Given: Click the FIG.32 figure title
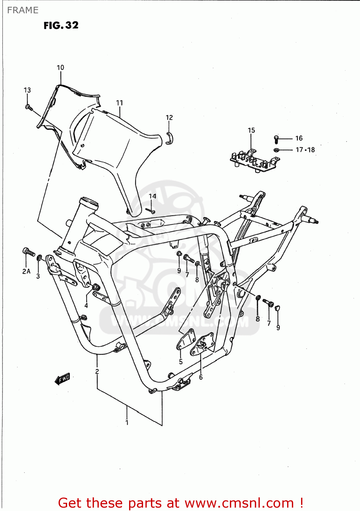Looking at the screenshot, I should [61, 26].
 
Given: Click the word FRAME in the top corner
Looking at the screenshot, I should [22, 10].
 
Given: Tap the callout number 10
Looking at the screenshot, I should [60, 67].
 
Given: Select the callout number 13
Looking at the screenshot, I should [27, 90].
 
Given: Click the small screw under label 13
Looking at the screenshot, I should [29, 108].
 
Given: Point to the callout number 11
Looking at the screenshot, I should [119, 103].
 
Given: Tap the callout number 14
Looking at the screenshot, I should [152, 196].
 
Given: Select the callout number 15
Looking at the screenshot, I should [251, 130].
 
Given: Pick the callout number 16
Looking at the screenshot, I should [299, 138].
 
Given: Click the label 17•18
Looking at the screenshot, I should [305, 150].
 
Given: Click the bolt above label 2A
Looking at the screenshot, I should [29, 252].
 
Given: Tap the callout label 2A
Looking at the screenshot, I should [26, 272].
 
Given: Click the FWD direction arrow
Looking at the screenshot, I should [62, 378].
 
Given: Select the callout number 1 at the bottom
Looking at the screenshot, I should [127, 423].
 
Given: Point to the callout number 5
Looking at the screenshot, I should [181, 362].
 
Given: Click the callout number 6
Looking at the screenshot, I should [201, 377].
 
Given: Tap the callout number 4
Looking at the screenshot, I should [86, 306].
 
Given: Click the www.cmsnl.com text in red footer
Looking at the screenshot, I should [239, 503].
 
